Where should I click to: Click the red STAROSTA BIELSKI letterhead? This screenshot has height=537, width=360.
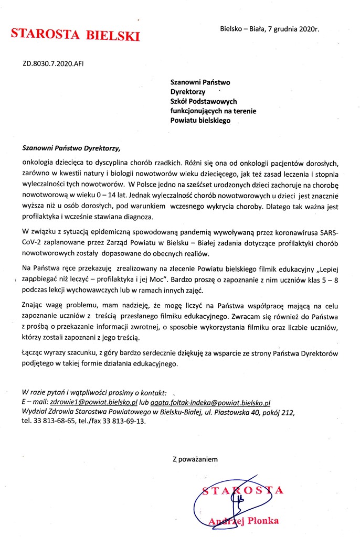coord(76,35)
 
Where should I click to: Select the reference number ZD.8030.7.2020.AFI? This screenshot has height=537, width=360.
coord(53,64)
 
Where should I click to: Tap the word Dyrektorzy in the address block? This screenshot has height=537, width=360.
coord(187,91)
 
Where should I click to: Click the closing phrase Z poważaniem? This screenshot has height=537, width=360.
coord(195,459)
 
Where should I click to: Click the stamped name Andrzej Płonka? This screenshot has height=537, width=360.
coord(243,521)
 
